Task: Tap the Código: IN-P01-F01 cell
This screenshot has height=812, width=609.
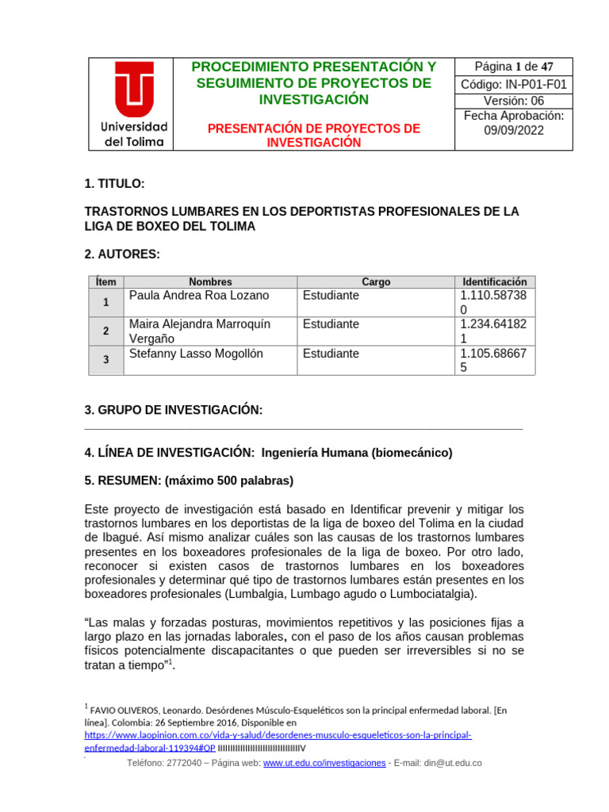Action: [513, 85]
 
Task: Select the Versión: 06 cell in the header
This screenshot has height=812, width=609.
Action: [513, 101]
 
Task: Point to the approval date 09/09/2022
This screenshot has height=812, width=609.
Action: [513, 131]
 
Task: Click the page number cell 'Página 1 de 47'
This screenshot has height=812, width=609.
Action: [513, 67]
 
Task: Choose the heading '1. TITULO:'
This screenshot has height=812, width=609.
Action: [114, 184]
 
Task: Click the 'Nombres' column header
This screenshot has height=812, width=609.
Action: [210, 282]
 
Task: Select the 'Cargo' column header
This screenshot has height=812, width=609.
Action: [376, 282]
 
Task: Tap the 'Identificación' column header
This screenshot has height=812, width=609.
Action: [495, 282]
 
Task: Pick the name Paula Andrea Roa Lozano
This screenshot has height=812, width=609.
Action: [199, 296]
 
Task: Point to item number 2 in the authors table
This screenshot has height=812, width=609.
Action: [105, 331]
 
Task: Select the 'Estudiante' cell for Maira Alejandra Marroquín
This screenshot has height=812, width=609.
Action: [331, 324]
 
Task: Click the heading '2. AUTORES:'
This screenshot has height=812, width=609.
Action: [122, 255]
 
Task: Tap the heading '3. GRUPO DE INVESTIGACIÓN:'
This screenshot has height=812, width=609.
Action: [173, 410]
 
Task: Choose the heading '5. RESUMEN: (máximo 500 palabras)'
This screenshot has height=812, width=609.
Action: [189, 481]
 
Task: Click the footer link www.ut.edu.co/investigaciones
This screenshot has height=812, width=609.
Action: [324, 763]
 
